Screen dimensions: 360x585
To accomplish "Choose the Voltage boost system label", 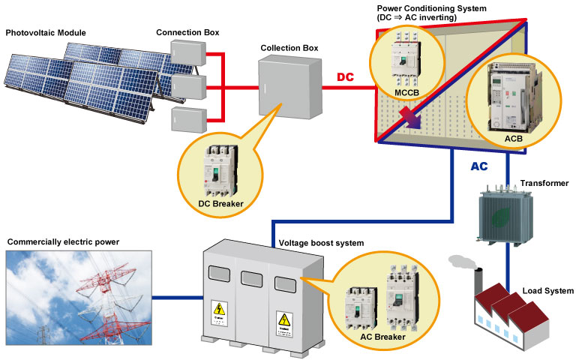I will (321, 244).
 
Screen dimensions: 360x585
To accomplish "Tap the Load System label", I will (548, 291).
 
